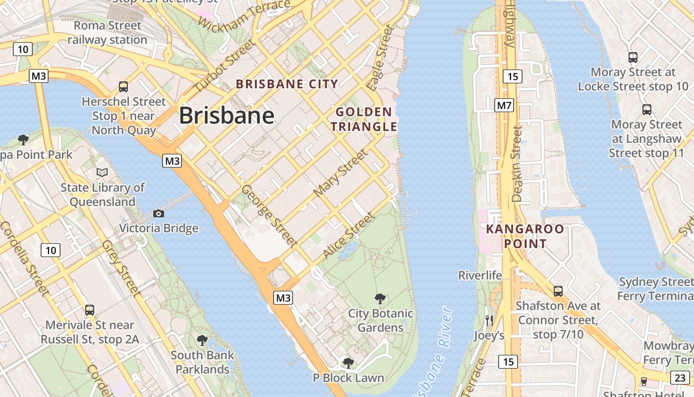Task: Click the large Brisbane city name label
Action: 227,116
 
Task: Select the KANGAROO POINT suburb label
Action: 525,236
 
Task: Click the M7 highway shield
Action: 504,105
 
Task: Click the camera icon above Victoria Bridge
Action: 159,213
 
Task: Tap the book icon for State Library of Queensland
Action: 102,172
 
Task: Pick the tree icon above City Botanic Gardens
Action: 380,298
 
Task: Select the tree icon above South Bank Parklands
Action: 202,340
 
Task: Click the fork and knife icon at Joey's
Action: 489,320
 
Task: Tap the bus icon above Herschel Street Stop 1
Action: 123,87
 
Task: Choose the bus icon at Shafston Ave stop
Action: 558,291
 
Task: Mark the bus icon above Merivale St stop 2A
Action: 89,310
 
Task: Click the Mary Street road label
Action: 342,172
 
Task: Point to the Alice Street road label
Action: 348,236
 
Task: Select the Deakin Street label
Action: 517,163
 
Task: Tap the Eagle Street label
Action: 381,59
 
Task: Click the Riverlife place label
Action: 480,275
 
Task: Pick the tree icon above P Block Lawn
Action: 348,363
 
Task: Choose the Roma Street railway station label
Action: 107,32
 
